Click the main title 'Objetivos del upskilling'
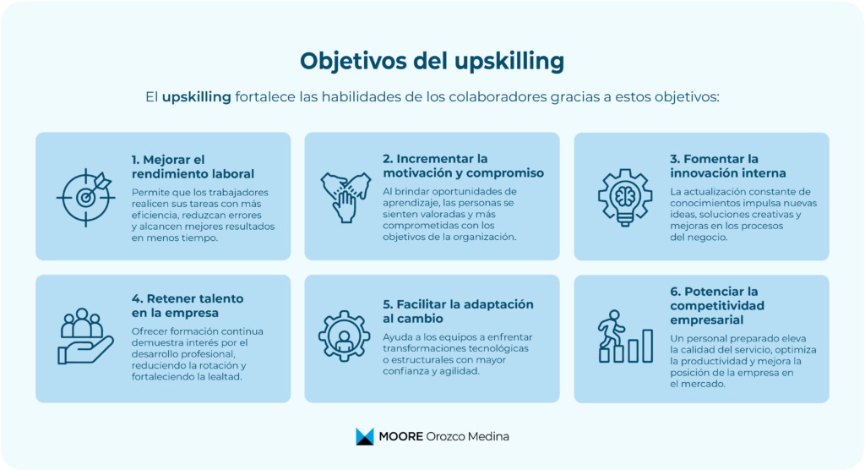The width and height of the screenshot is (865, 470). [x=432, y=62]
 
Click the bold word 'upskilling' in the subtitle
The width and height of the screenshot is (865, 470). [x=196, y=97]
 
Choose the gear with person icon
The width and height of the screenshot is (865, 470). [x=344, y=336]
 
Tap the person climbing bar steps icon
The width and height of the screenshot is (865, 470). [x=624, y=336]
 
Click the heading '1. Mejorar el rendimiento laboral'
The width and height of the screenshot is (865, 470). [x=193, y=167]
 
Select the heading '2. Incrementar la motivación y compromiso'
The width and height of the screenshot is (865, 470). [x=463, y=166]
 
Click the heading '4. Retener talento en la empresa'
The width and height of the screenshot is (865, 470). [x=188, y=305]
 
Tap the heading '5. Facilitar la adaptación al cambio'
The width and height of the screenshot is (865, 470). [x=458, y=311]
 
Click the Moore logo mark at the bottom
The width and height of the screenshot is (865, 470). [x=364, y=436]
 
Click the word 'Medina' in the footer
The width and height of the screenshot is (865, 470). [x=489, y=436]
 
